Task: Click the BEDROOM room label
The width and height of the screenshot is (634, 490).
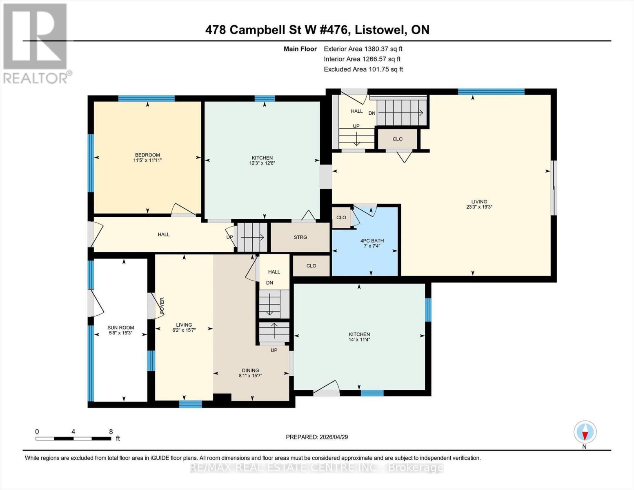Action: click(x=147, y=155)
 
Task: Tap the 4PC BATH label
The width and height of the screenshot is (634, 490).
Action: click(x=372, y=241)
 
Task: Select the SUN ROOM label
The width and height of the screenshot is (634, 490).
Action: click(x=121, y=327)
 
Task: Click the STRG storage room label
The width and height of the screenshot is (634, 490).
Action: click(x=300, y=237)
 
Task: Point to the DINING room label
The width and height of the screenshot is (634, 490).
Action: click(x=250, y=370)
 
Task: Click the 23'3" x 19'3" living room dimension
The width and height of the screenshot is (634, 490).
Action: click(x=479, y=207)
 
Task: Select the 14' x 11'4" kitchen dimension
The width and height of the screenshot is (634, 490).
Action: click(x=359, y=340)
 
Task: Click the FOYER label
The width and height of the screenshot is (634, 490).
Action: click(x=162, y=305)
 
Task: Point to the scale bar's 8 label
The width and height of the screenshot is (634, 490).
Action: click(x=111, y=432)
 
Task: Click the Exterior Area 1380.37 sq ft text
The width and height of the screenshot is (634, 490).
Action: click(x=363, y=49)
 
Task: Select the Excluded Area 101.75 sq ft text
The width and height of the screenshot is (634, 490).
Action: click(x=363, y=69)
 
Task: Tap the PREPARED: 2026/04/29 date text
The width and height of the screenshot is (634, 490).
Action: click(x=317, y=437)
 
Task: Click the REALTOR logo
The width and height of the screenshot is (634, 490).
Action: click(x=36, y=43)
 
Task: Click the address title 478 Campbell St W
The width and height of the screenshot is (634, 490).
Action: click(x=317, y=30)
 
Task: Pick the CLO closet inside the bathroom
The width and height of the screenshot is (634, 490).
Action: click(x=341, y=218)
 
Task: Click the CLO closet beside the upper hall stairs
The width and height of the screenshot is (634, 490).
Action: click(x=398, y=139)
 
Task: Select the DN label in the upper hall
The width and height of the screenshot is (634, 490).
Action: click(x=372, y=113)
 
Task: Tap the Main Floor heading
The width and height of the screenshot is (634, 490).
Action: click(x=300, y=49)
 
